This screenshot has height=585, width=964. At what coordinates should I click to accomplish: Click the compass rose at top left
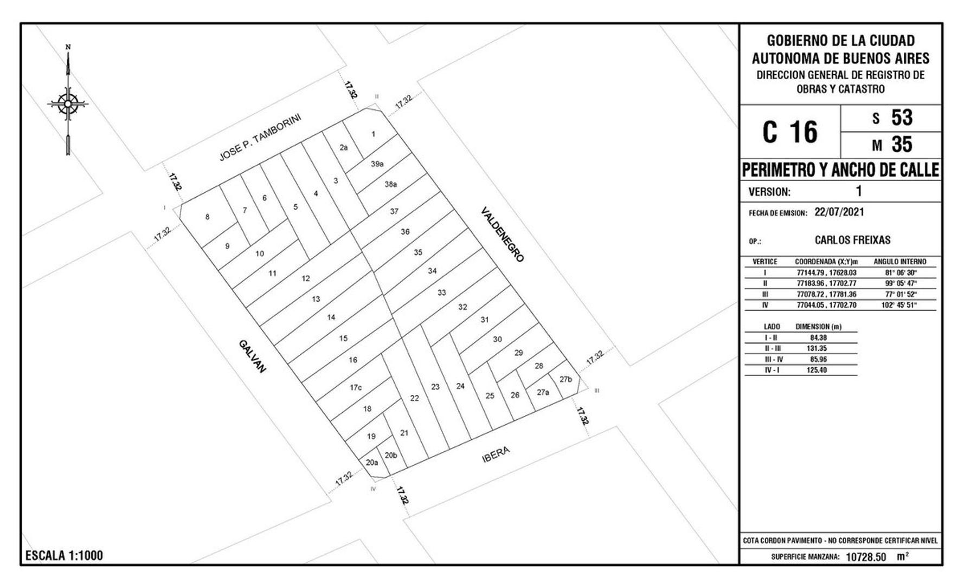pos(68,103)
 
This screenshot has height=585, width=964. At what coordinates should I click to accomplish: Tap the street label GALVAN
pos(252,356)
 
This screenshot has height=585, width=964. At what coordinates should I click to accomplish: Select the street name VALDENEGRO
pos(503,235)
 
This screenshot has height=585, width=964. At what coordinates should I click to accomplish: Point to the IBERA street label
pos(496,454)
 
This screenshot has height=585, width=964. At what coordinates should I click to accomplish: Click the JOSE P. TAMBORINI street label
pos(260,137)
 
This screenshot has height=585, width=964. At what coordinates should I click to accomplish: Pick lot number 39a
pos(377,164)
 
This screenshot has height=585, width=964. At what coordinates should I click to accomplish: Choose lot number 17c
pos(356,387)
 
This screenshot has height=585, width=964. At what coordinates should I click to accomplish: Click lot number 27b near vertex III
pos(565,379)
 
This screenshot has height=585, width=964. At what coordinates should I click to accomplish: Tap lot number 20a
pos(371,463)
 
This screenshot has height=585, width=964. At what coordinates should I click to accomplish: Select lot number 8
pos(207,217)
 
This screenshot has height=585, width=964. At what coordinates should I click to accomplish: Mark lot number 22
pos(415,398)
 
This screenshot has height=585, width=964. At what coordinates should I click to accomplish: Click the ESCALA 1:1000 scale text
pos(64,556)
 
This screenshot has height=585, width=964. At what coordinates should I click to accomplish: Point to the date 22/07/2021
pos(839,212)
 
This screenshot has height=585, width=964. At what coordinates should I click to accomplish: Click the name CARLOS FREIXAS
pos(852,240)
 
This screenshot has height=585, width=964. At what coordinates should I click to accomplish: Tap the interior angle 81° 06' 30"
pos(901,273)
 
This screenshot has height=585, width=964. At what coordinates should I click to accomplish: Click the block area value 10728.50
pos(866,557)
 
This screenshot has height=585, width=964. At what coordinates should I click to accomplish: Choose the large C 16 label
pos(790,132)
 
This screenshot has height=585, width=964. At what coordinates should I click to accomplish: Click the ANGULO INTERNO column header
pos(900,262)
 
